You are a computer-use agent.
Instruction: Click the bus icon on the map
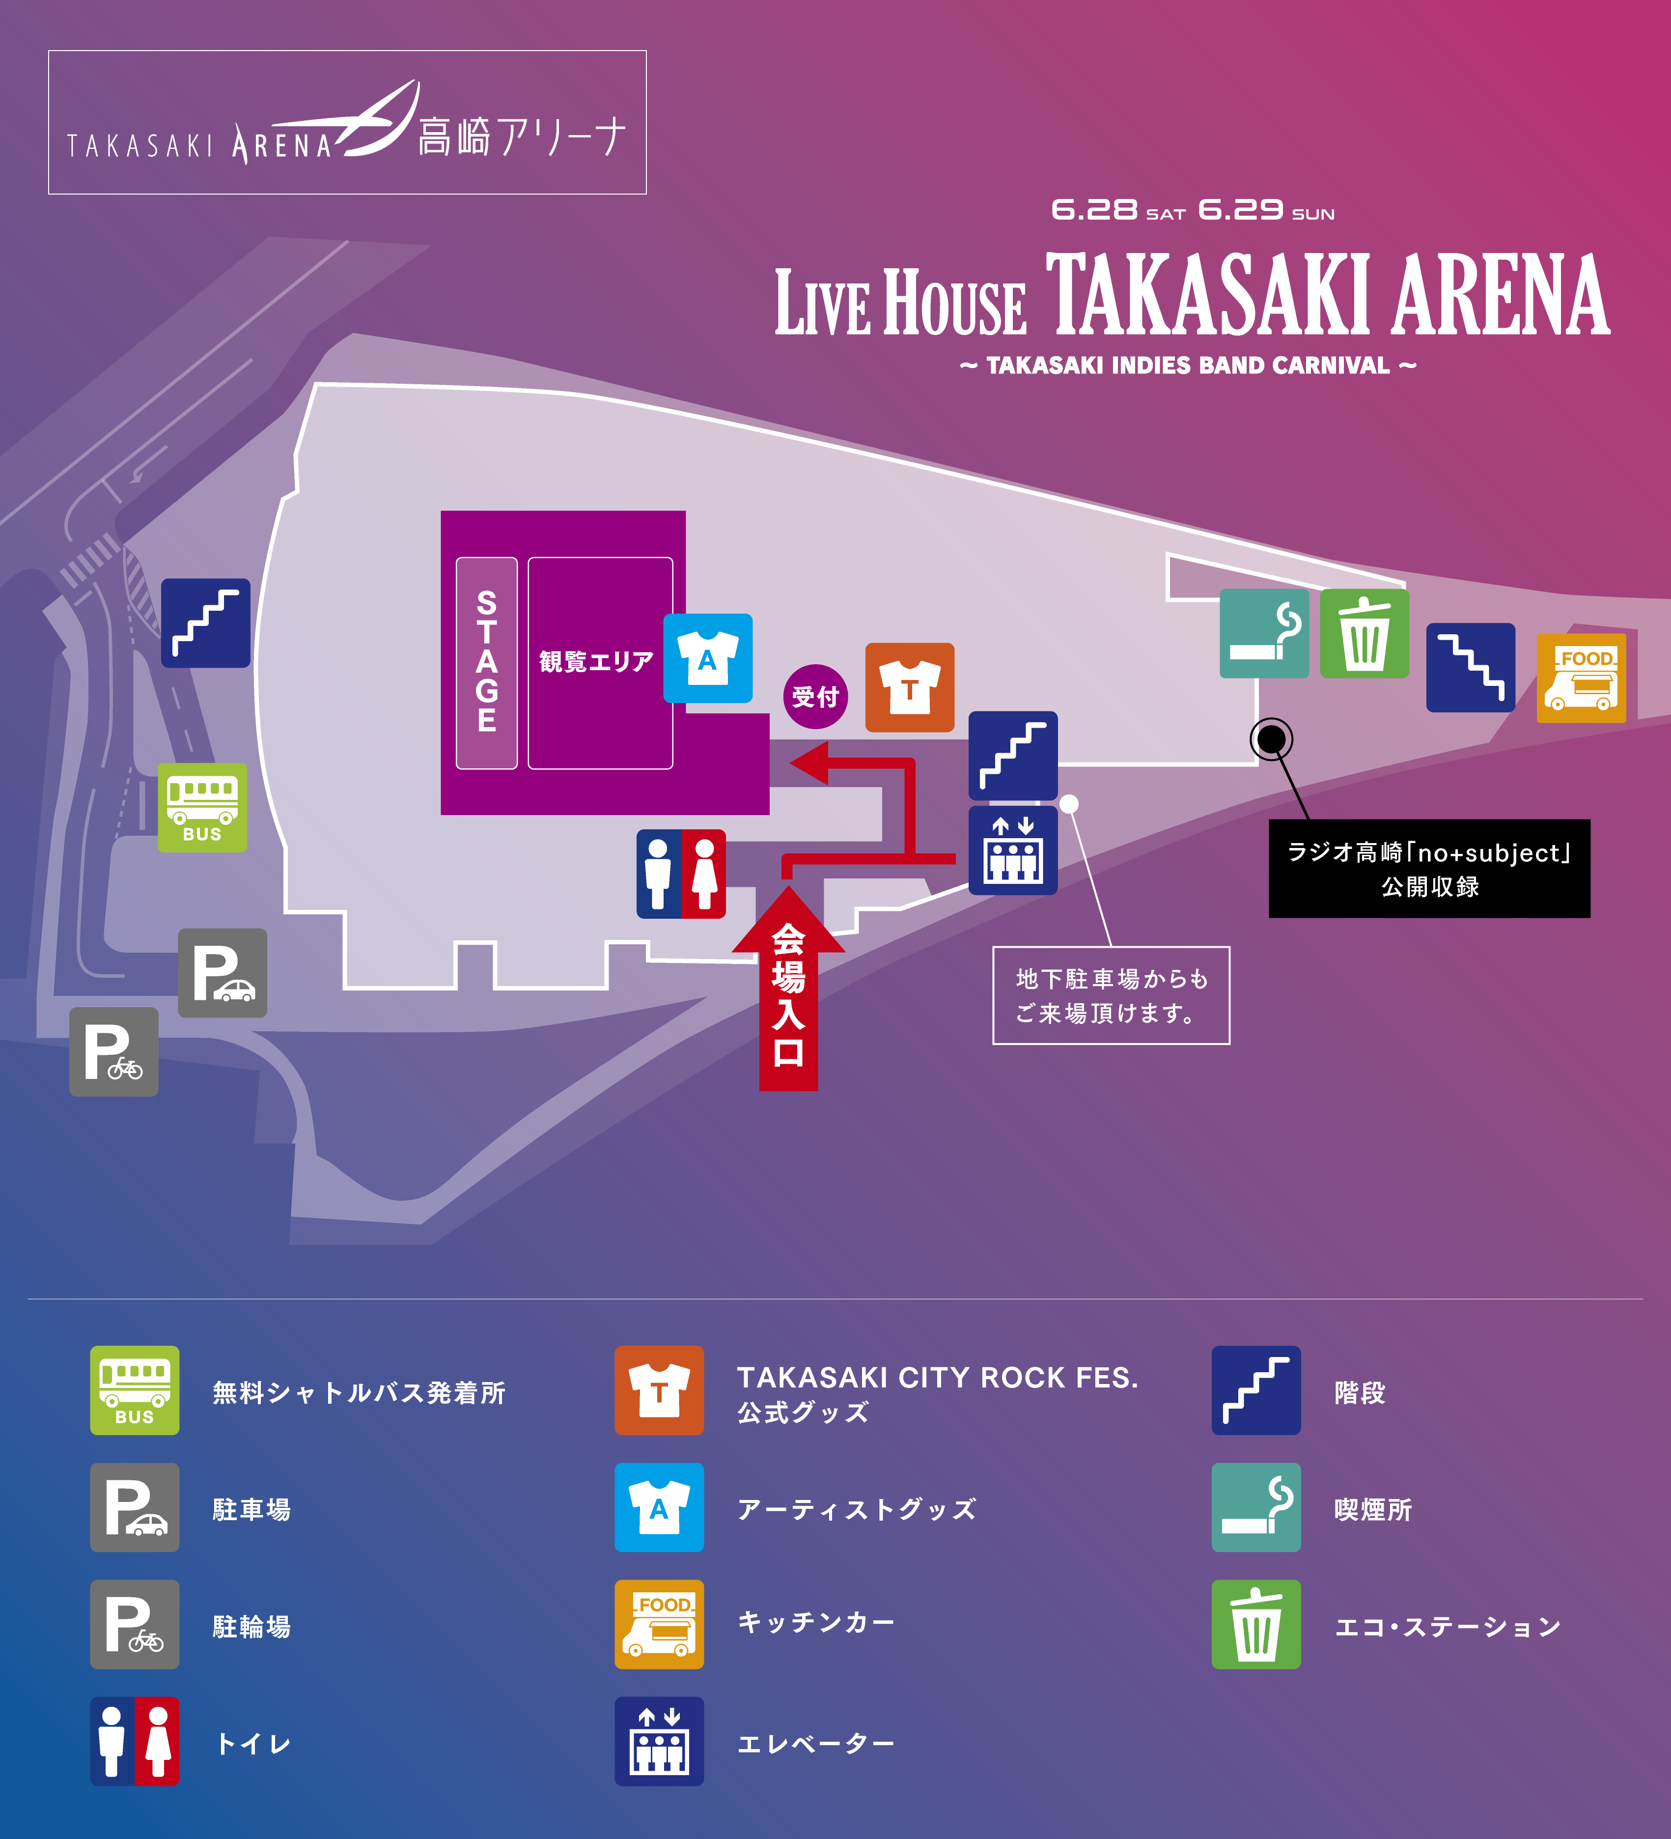coord(202,807)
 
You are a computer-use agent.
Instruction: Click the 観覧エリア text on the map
coord(596,661)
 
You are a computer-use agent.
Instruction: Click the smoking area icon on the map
coord(1264,633)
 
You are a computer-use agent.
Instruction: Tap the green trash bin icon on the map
coord(1365,633)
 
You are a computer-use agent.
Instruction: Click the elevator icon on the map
coord(1012,850)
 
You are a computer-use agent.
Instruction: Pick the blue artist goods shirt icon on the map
coord(708,658)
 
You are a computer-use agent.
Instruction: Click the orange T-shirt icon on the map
coord(909,687)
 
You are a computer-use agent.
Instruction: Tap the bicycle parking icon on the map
coord(114,1052)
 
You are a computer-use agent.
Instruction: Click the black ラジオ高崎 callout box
coord(1429,869)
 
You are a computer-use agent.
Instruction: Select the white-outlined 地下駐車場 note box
coord(1111,995)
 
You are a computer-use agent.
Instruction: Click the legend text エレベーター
coord(815,1744)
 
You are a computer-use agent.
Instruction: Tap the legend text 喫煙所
coord(1373,1510)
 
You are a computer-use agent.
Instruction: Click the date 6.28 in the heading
coord(1094,211)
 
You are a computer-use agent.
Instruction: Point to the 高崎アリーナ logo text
coord(522,137)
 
